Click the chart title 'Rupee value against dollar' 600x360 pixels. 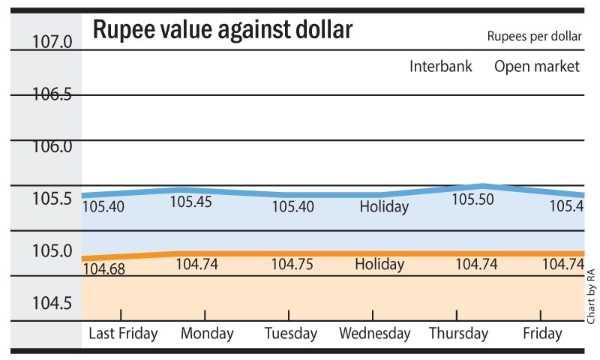(222, 31)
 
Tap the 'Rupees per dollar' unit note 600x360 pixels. (533, 37)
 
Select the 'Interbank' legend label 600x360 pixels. (441, 67)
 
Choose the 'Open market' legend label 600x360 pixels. (537, 67)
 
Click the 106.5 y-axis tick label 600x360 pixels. (52, 94)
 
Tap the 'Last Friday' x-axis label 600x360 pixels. (123, 333)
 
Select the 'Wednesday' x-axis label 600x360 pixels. (375, 333)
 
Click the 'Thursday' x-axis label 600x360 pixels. (457, 333)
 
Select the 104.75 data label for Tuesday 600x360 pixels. (292, 264)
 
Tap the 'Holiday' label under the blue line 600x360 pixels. (383, 206)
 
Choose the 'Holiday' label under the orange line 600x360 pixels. (379, 264)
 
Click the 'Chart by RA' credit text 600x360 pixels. (591, 296)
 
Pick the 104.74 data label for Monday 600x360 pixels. (196, 264)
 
